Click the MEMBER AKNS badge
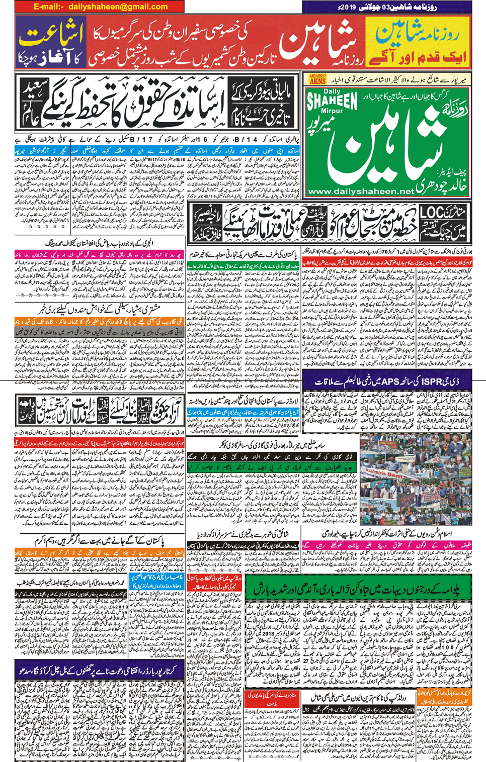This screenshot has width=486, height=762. (x=317, y=79)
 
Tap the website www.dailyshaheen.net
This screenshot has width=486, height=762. (x=360, y=192)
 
